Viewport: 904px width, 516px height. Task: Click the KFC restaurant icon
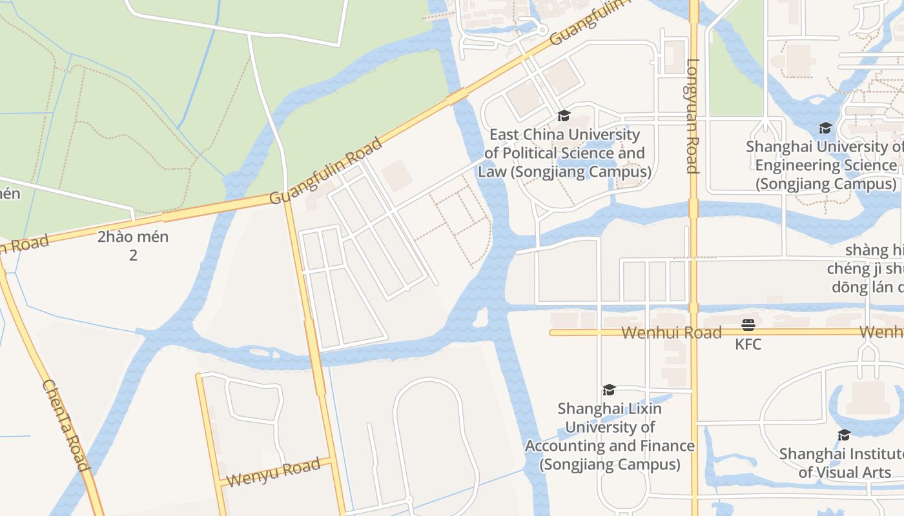click(748, 324)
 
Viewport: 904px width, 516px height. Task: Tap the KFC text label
click(748, 344)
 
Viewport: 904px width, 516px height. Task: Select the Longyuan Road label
click(693, 116)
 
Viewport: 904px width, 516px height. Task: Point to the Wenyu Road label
click(273, 472)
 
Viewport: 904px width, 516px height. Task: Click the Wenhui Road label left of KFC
click(672, 333)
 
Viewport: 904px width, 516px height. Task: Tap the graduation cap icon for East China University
click(564, 116)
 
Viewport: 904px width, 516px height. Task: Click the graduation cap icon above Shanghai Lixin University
click(609, 390)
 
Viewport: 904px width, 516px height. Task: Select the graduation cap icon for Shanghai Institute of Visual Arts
click(844, 435)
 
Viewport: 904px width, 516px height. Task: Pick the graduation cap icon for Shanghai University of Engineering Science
click(825, 128)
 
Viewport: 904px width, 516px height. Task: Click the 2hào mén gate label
click(133, 237)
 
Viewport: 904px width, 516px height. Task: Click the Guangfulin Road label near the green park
click(326, 170)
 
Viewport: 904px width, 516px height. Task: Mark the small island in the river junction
click(480, 317)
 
